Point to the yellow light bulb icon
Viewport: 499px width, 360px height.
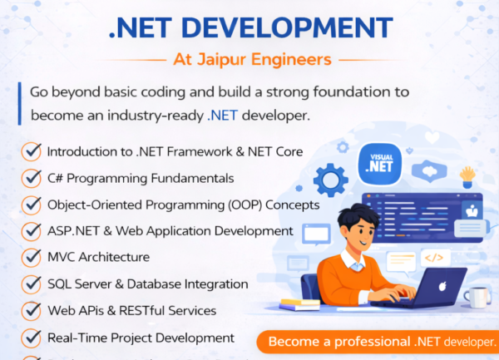tap(467, 175)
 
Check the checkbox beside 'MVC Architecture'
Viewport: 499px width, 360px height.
tap(32, 258)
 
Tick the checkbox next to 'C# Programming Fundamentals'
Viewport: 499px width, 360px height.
tap(32, 178)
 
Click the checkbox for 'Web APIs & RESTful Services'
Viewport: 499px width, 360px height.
tap(32, 311)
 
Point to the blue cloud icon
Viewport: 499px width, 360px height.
tap(430, 172)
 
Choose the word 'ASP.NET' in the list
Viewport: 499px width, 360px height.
tap(69, 230)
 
